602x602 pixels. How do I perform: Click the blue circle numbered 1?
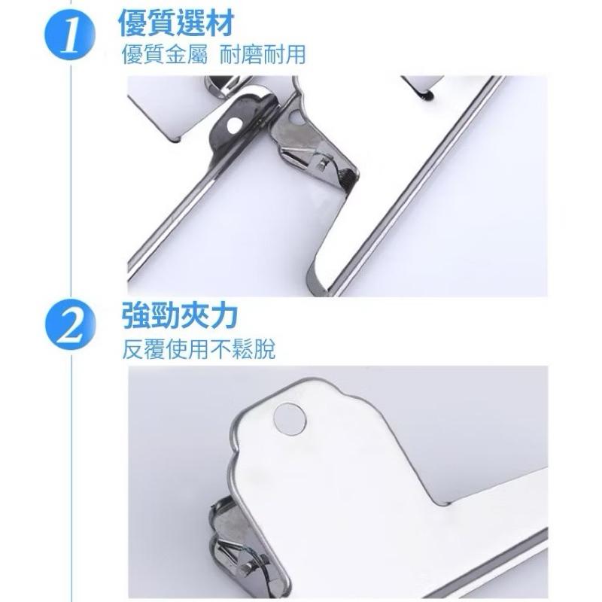(x=70, y=36)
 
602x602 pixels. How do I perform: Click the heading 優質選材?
(x=176, y=23)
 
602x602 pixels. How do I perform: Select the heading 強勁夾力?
(x=179, y=316)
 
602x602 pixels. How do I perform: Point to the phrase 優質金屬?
(x=164, y=54)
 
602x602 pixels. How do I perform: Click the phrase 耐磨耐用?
(x=263, y=54)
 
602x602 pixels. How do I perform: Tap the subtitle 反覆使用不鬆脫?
(x=199, y=349)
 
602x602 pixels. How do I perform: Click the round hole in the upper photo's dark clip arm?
(x=234, y=124)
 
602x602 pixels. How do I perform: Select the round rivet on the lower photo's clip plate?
(x=290, y=419)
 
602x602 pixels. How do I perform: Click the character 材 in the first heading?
(x=220, y=23)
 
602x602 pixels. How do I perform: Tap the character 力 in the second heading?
(x=223, y=316)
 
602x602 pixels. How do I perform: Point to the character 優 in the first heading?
(x=133, y=23)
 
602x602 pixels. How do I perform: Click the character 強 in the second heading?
(x=136, y=316)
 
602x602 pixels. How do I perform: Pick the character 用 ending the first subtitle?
(x=295, y=54)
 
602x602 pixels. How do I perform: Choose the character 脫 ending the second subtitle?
(x=265, y=349)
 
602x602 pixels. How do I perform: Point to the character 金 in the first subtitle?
(x=175, y=54)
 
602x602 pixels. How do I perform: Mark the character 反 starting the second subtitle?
(x=133, y=349)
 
